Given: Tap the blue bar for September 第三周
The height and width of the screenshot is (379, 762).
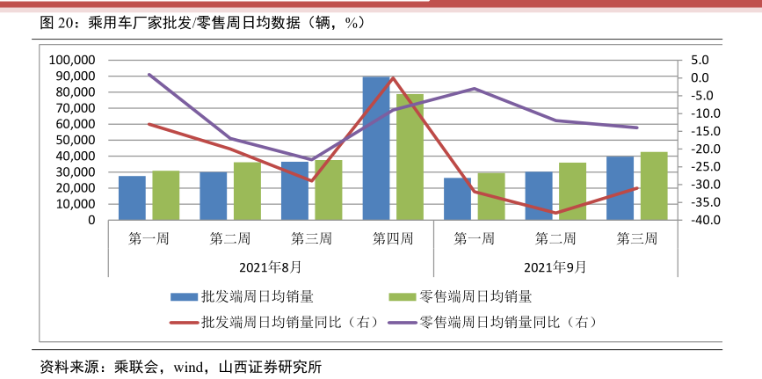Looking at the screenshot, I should click(x=620, y=188).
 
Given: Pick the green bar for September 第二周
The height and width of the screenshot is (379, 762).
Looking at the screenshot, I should click(x=572, y=191).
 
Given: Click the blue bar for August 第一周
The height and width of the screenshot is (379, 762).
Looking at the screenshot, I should click(x=133, y=198).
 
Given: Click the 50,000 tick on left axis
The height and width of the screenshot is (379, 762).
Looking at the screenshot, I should click(x=76, y=140).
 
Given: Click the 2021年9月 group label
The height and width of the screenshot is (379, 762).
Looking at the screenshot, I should click(x=555, y=266).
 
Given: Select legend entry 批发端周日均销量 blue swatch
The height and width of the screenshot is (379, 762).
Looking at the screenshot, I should click(x=184, y=297).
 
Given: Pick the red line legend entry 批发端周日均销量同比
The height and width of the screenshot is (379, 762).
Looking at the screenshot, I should click(x=184, y=322).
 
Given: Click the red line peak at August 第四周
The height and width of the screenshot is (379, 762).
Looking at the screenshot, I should click(x=393, y=77).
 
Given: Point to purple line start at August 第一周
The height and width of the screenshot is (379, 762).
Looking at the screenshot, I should click(x=149, y=75).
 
